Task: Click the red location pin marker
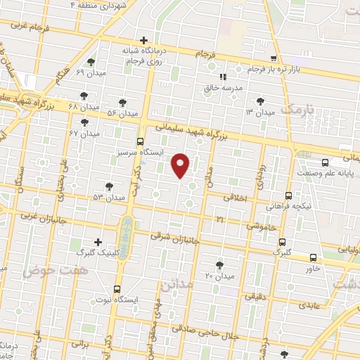click(x=181, y=165)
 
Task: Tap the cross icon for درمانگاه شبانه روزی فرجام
click(x=144, y=40)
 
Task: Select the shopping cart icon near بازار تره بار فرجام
click(x=274, y=58)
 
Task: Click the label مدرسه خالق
click(x=231, y=88)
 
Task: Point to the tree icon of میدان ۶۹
click(x=91, y=63)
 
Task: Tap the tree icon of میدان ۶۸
click(x=84, y=96)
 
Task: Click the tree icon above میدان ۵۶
click(x=123, y=103)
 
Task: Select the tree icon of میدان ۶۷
click(x=84, y=122)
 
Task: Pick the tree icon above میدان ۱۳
click(x=261, y=101)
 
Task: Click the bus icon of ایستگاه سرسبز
click(x=140, y=141)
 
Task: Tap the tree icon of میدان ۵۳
click(x=109, y=186)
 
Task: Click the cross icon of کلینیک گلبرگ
click(x=98, y=241)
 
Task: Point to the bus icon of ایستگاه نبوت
click(x=117, y=288)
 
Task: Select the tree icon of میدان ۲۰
click(x=220, y=265)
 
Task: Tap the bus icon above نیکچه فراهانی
click(x=288, y=196)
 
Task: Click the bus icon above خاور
click(x=313, y=258)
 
